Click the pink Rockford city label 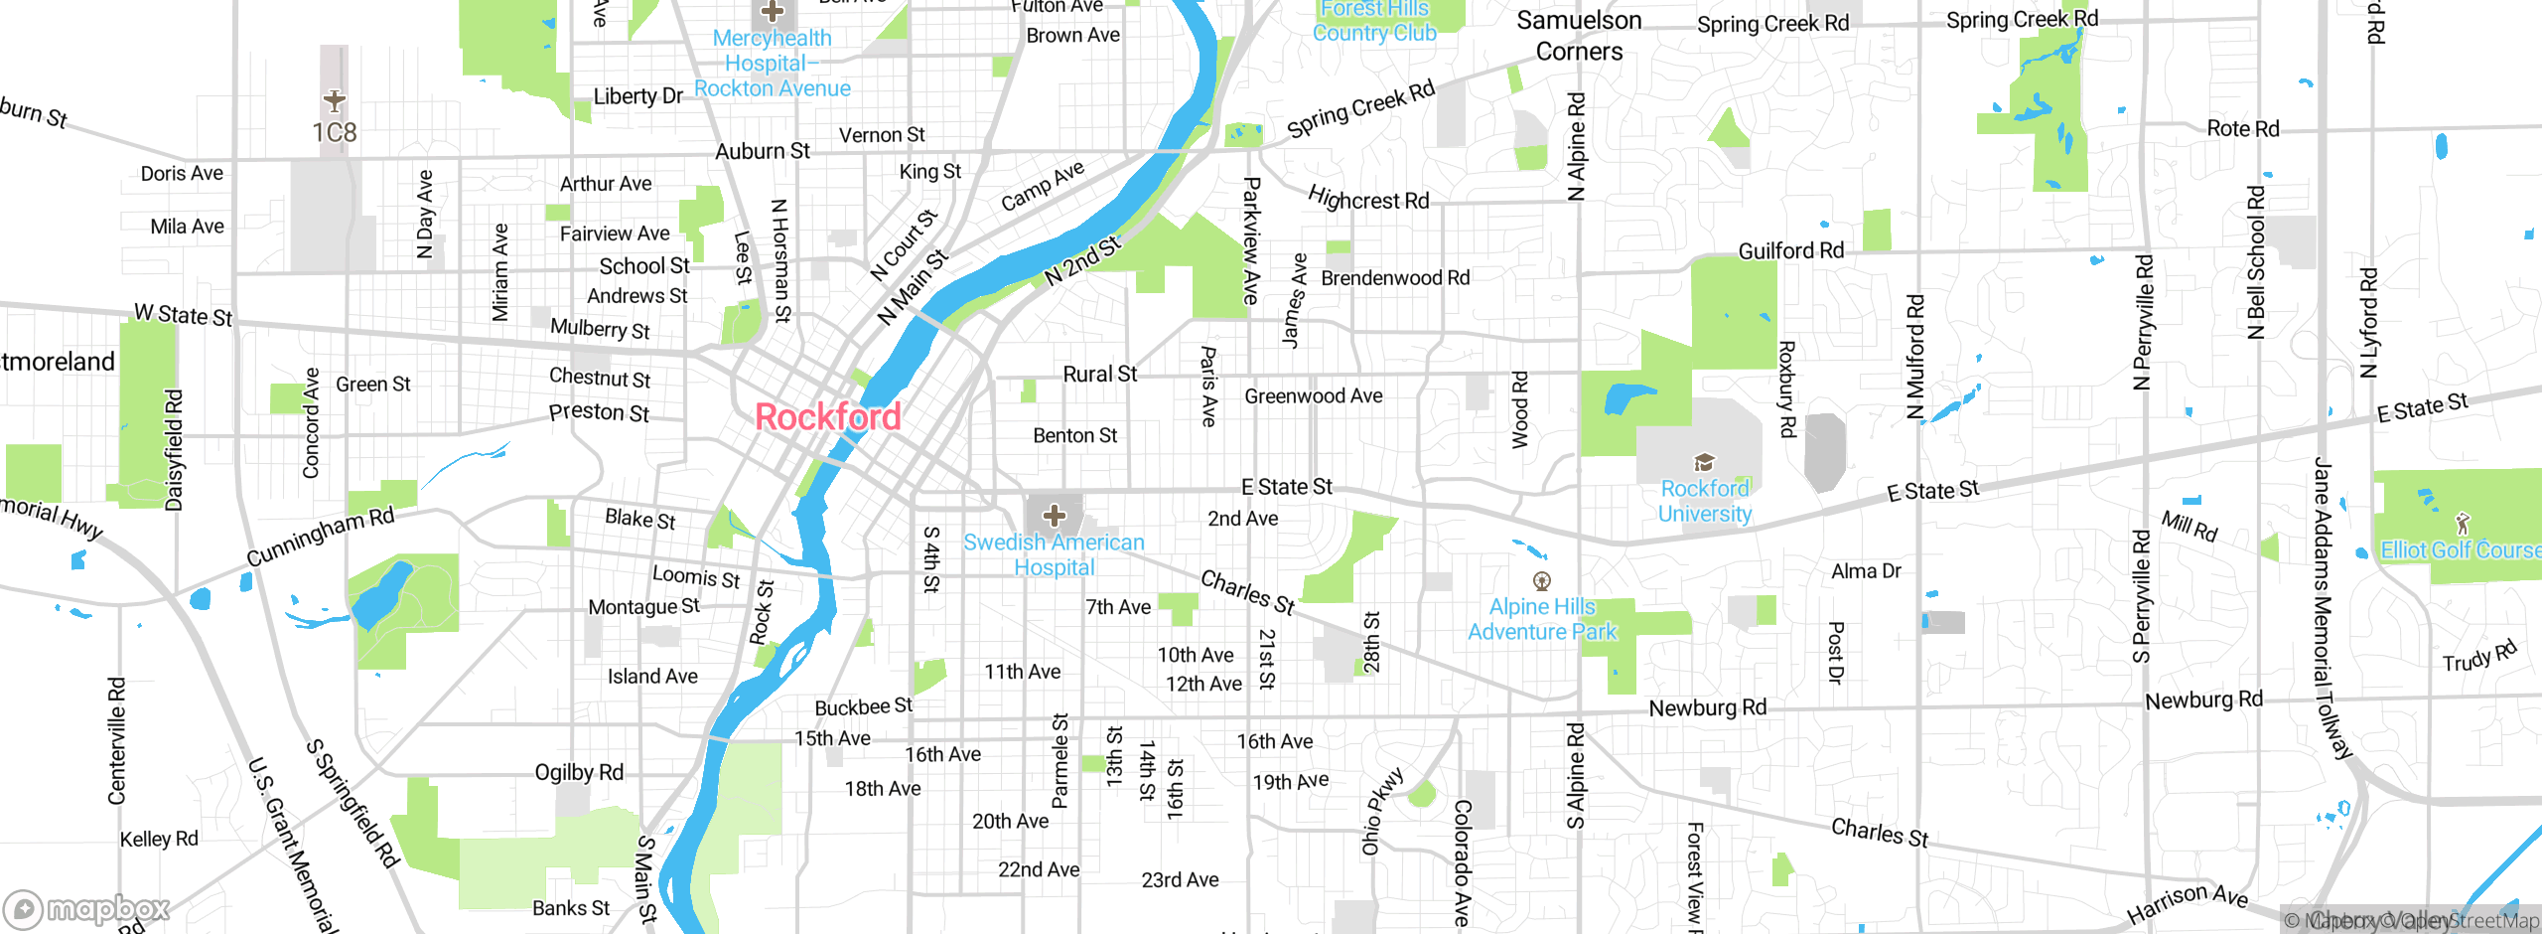click(827, 416)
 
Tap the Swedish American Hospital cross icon click(1055, 515)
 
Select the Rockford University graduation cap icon click(1704, 462)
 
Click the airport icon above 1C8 click(335, 100)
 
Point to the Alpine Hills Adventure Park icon click(1542, 580)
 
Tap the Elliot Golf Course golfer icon click(2462, 523)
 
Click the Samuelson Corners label click(1579, 36)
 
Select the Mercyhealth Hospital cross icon click(772, 12)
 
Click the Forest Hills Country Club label click(1374, 22)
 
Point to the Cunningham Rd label click(320, 537)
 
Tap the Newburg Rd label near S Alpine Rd click(1707, 707)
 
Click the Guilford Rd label click(1790, 251)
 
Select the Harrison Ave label click(2187, 902)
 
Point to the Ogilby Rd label click(579, 772)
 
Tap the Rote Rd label click(2242, 128)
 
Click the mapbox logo click(87, 908)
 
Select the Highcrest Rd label click(1368, 199)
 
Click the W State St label click(184, 315)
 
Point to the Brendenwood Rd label click(1395, 278)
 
